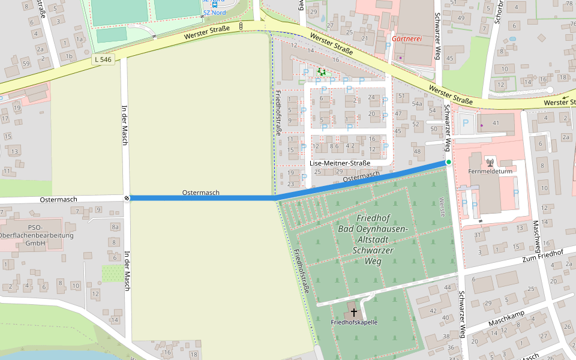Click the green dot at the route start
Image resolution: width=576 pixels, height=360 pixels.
point(448,162)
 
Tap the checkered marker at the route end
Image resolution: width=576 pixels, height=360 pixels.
point(127,198)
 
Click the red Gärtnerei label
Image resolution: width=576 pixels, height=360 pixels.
point(407,38)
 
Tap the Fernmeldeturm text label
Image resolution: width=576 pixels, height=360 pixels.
point(490,171)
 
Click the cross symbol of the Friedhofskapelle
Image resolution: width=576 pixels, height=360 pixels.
point(354,312)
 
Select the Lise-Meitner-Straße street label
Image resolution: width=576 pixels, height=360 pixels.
point(340,163)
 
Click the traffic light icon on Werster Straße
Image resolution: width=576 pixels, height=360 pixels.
point(241,26)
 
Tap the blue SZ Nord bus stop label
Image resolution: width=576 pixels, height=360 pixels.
point(214,11)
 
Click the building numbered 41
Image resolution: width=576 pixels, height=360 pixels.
point(496,122)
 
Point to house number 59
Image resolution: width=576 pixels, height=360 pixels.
point(26,63)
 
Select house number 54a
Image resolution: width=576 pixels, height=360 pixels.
point(418,104)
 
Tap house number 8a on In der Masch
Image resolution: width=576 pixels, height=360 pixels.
point(115,227)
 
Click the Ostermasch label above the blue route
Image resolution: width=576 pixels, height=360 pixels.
point(201,193)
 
